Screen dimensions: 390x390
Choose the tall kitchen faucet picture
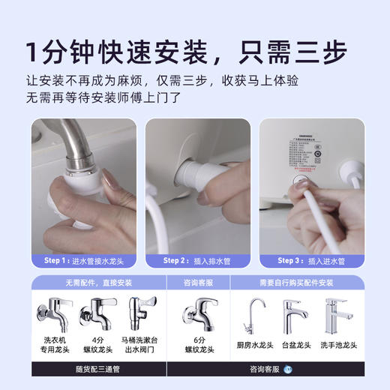(x=253, y=316)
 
